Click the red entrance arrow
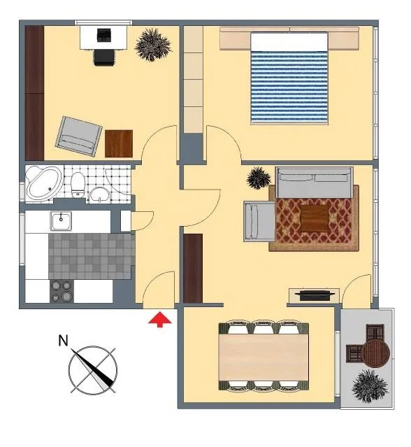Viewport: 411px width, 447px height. point(160,319)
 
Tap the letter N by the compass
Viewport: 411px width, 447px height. point(63,341)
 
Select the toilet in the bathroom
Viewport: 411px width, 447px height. point(78,185)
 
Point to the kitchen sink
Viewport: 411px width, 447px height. point(61,220)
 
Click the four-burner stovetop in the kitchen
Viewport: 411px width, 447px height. point(62,291)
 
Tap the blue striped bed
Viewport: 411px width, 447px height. point(289,78)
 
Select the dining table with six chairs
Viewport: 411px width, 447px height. point(264,355)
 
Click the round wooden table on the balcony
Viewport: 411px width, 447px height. point(375,353)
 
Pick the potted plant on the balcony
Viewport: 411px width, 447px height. point(370,386)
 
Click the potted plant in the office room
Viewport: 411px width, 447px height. point(153,45)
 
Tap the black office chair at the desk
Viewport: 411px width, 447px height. point(104,57)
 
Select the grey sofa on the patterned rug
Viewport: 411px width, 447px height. point(314,183)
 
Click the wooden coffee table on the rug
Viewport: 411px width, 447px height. point(315,218)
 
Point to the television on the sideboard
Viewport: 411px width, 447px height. point(314,295)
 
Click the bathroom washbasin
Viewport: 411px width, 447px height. point(99,195)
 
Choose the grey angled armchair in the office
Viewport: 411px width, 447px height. point(79,136)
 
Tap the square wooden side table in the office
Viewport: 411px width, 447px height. point(119,143)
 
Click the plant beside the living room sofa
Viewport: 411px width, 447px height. point(259,178)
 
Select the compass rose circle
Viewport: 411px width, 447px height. point(93,370)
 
